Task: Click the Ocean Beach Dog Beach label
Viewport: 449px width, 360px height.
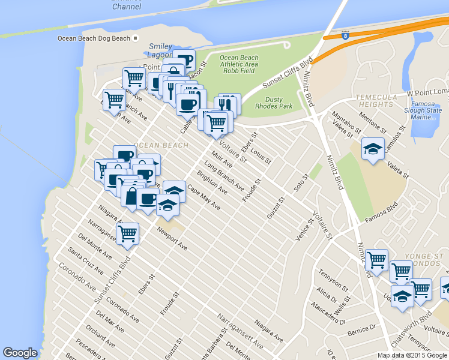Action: (x=94, y=38)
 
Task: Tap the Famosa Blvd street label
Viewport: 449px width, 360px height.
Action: (x=382, y=211)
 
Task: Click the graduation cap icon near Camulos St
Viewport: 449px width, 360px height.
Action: (x=373, y=149)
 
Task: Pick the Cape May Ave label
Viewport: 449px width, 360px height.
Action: (x=204, y=199)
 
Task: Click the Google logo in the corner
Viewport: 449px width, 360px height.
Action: (x=20, y=353)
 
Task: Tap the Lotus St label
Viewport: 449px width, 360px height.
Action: (x=261, y=155)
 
